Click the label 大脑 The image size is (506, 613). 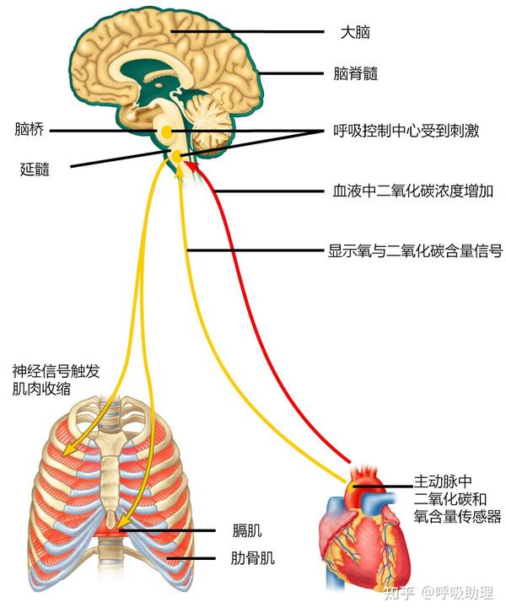(354, 33)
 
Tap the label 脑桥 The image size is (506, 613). (29, 130)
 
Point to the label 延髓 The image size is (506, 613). (35, 168)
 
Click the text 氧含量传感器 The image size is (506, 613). (457, 515)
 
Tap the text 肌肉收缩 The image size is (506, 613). (40, 389)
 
